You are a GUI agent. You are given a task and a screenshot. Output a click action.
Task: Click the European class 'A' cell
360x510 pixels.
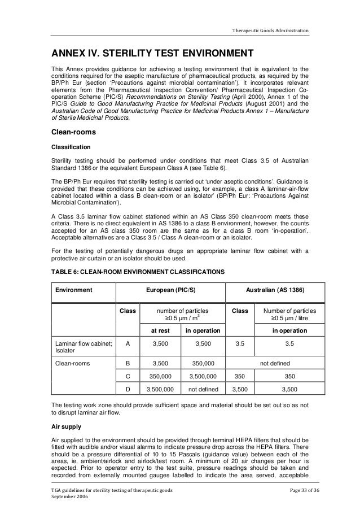(128, 342)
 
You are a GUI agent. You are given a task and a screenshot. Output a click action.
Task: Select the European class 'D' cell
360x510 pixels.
(128, 389)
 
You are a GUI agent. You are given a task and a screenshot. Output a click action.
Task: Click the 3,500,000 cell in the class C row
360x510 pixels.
(201, 377)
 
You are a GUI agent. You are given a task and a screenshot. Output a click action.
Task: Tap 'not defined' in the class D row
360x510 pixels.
(201, 389)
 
